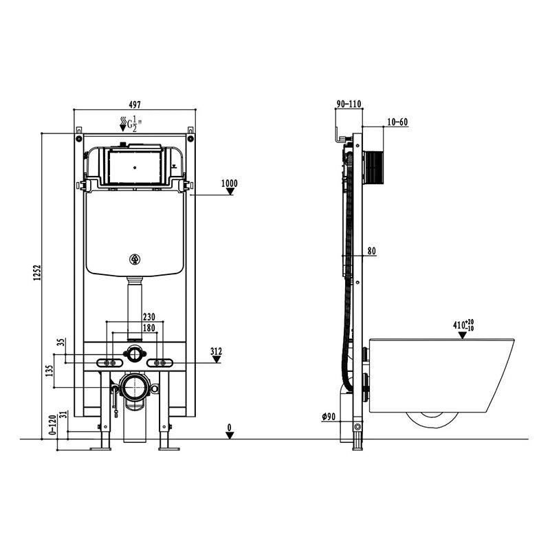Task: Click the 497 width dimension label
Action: [x=135, y=104]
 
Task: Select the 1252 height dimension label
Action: [x=38, y=272]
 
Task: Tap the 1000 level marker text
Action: [x=230, y=183]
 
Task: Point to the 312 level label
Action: [x=216, y=351]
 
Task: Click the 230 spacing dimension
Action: [x=148, y=317]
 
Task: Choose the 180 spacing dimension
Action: [x=148, y=328]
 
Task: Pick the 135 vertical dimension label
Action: [x=49, y=371]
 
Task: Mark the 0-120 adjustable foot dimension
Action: [x=52, y=425]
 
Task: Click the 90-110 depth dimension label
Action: [x=349, y=104]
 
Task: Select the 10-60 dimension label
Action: [x=397, y=122]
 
